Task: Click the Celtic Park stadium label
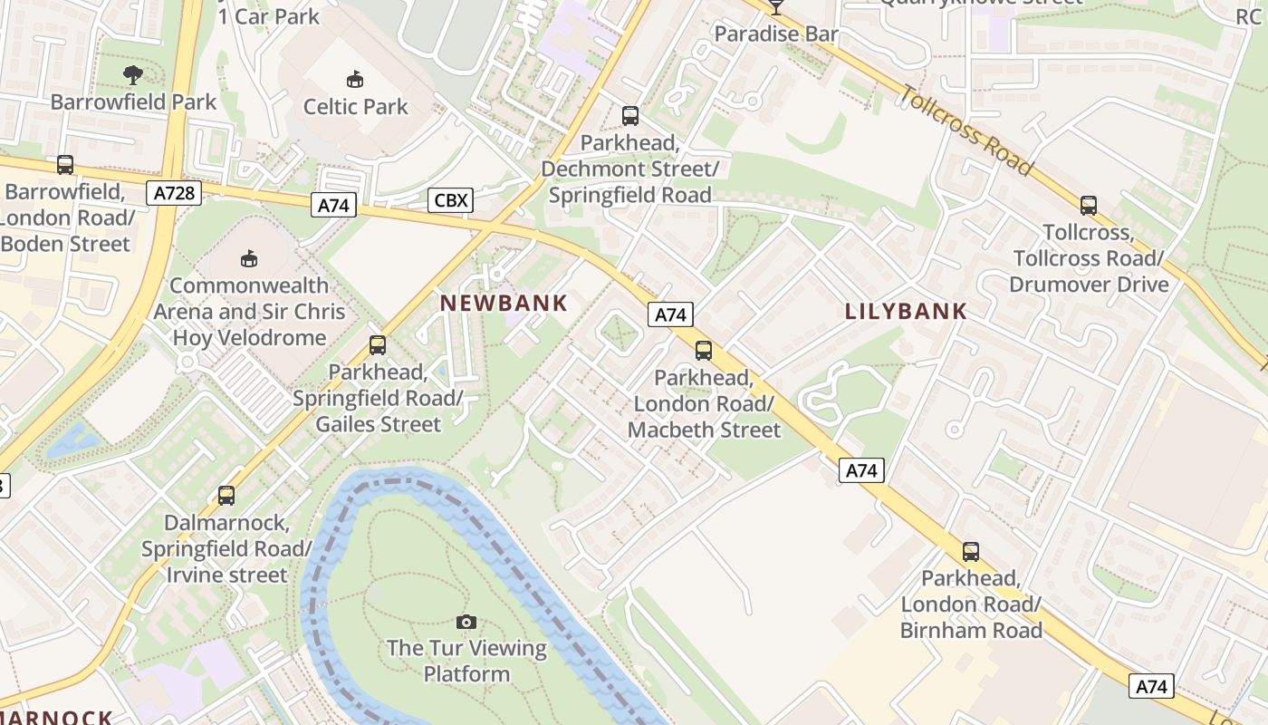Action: (x=355, y=107)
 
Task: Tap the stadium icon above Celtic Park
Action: (x=355, y=80)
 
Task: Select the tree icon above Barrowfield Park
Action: (x=133, y=74)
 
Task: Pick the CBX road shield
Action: (x=450, y=199)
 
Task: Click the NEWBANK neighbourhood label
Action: (x=504, y=304)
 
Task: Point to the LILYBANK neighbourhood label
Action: (x=906, y=312)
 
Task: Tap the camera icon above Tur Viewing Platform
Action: (x=466, y=622)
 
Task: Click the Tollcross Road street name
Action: (x=966, y=130)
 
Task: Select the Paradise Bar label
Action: (x=776, y=34)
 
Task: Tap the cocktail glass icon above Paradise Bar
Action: (x=776, y=7)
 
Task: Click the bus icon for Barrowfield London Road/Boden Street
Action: (x=65, y=165)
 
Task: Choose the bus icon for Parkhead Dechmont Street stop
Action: (x=630, y=116)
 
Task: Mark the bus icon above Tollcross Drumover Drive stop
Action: (x=1089, y=206)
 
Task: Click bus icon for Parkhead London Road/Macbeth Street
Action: (x=704, y=351)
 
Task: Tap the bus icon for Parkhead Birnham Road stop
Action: (x=971, y=551)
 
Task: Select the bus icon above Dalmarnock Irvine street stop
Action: (x=226, y=496)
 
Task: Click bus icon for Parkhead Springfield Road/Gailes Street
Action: (x=378, y=345)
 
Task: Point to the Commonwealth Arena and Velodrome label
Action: (x=249, y=312)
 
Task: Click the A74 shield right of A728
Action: (x=333, y=206)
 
